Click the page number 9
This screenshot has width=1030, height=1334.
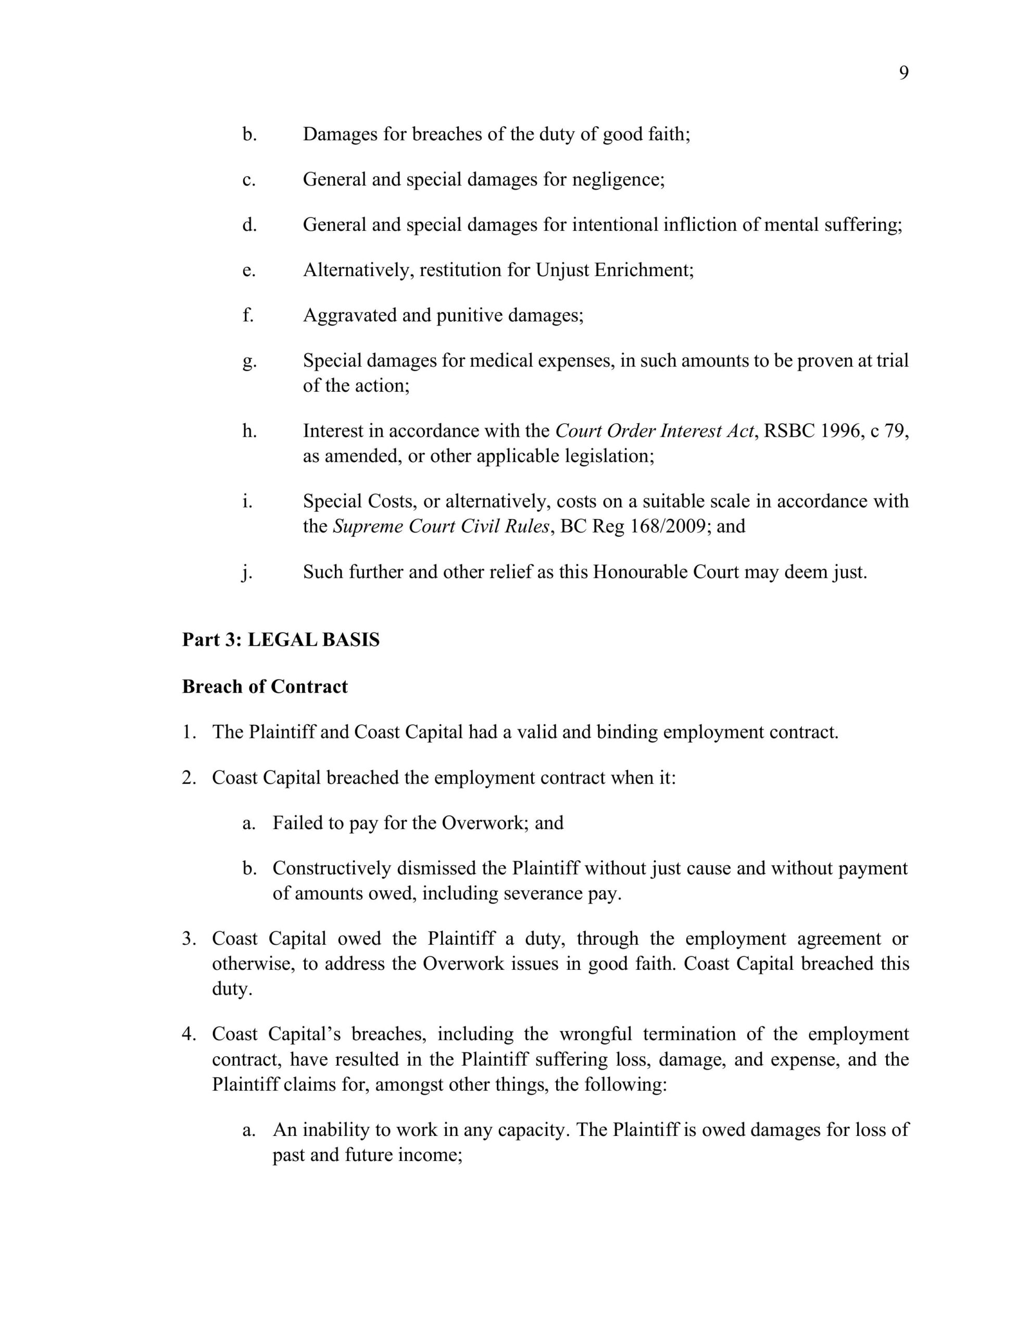pos(903,73)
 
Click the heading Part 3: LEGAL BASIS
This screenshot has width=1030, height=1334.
pos(280,639)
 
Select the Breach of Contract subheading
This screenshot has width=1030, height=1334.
pos(265,687)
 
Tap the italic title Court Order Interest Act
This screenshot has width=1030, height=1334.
pos(655,431)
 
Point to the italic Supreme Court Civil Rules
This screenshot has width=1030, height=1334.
pos(441,526)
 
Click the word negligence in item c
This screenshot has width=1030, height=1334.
pos(617,180)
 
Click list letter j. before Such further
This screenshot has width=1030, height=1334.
pos(247,573)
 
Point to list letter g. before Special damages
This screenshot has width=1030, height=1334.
pos(248,362)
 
